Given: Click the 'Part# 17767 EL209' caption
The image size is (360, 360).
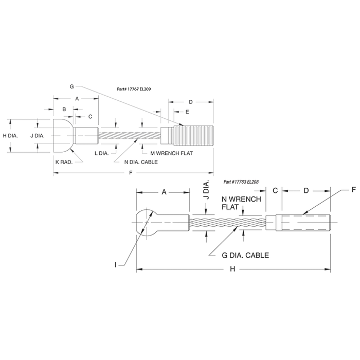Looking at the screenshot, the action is pyautogui.click(x=134, y=89).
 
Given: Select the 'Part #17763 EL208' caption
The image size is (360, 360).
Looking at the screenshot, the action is pyautogui.click(x=241, y=182).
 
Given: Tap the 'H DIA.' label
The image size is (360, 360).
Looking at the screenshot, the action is pyautogui.click(x=10, y=136).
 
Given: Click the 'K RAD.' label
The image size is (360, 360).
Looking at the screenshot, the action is pyautogui.click(x=64, y=162).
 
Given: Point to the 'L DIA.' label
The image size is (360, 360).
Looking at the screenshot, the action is pyautogui.click(x=102, y=153).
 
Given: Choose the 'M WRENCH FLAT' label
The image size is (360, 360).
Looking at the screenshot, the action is pyautogui.click(x=171, y=153).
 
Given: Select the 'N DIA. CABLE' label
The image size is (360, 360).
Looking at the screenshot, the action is pyautogui.click(x=141, y=162).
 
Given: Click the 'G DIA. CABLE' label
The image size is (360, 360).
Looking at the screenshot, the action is pyautogui.click(x=245, y=255).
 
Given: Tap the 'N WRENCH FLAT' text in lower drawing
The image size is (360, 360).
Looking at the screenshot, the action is pyautogui.click(x=241, y=203).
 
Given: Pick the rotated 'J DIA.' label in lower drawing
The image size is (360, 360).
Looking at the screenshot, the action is pyautogui.click(x=206, y=190).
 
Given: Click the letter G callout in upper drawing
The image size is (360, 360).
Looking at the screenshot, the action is pyautogui.click(x=71, y=86).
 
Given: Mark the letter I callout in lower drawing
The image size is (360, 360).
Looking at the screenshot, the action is pyautogui.click(x=116, y=265).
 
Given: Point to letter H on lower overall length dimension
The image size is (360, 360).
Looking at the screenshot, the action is pyautogui.click(x=232, y=269).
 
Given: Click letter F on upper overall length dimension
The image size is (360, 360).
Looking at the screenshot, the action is pyautogui.click(x=131, y=173).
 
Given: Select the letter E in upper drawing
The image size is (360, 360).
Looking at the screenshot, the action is pyautogui.click(x=187, y=112).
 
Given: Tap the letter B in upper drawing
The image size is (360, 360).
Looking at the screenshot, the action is pyautogui.click(x=64, y=109).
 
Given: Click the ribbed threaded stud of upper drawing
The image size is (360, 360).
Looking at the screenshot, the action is pyautogui.click(x=194, y=136).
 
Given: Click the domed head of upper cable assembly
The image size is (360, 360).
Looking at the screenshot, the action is pyautogui.click(x=63, y=136).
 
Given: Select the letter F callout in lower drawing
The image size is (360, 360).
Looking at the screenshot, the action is pyautogui.click(x=354, y=190).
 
